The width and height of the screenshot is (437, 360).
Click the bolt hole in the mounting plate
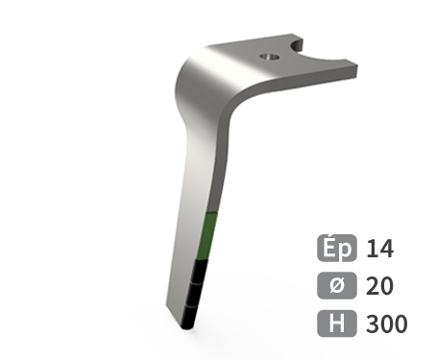coord(269,58)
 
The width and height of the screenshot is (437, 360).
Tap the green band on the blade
coord(206,236)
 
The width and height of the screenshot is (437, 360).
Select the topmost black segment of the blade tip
coord(200,272)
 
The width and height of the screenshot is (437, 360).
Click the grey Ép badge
coord(337,248)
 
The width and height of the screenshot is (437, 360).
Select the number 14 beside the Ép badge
coord(380,249)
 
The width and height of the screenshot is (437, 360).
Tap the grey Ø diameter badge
coord(337,285)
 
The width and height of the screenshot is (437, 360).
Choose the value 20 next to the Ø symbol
coord(379,286)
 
